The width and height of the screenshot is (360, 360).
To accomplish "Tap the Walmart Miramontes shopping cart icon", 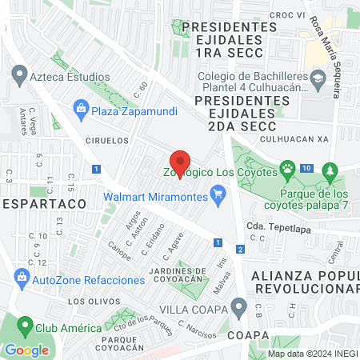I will tap(217, 194).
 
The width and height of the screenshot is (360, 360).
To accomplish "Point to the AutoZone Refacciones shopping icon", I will tap(22, 279).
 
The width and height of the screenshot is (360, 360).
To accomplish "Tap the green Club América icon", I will tap(26, 328).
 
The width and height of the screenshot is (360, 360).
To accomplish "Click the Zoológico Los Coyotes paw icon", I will tap(286, 169).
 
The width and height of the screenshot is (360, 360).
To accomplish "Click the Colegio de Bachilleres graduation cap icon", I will tap(318, 78).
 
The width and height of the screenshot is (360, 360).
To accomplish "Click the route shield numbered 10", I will tap(307, 168).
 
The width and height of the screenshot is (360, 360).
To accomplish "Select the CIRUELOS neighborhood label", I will tap(107, 139).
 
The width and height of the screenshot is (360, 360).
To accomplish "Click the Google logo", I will tap(26, 350).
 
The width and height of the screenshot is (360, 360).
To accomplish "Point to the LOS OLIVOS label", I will tap(87, 302).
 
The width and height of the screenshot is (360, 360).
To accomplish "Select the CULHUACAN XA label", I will tap(301, 138).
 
